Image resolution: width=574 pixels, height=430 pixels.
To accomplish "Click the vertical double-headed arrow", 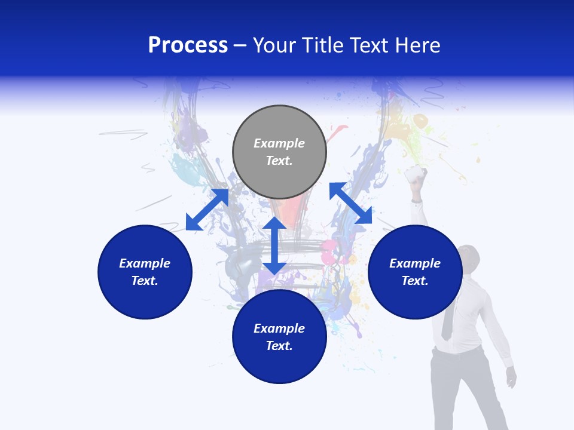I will [x=274, y=245].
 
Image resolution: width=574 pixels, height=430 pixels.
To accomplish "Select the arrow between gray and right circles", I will [x=350, y=203].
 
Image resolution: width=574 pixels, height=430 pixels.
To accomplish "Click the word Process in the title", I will [x=188, y=45].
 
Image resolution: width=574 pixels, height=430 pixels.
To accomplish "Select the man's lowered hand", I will [x=511, y=376].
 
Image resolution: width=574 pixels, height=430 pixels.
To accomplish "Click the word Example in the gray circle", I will [x=279, y=143].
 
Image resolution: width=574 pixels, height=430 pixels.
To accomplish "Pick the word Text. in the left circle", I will [x=145, y=281].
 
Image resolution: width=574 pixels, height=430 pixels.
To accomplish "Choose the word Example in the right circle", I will [x=415, y=263].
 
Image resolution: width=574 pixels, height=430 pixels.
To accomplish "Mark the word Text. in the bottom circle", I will [x=279, y=346].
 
